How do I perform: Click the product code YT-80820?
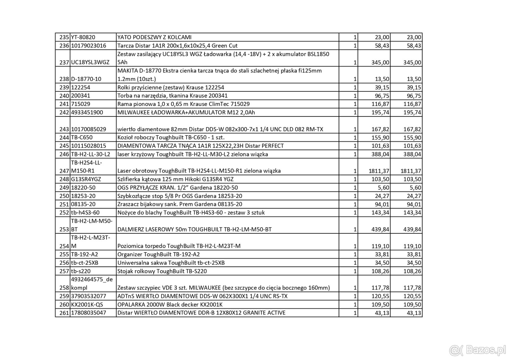coord(83,37)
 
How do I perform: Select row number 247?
coord(64,171)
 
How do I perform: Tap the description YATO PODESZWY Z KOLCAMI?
coord(154,37)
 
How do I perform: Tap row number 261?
coord(64,313)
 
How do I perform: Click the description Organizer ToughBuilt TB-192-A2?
coord(158,254)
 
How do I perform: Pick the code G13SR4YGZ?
coord(86,179)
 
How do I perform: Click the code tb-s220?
coord(81,271)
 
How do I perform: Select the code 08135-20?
coord(83,204)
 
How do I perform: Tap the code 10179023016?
coord(88,46)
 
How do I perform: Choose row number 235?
coord(64,37)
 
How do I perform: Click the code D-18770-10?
coord(86,79)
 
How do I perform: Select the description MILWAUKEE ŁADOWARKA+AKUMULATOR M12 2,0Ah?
coord(186,112)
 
